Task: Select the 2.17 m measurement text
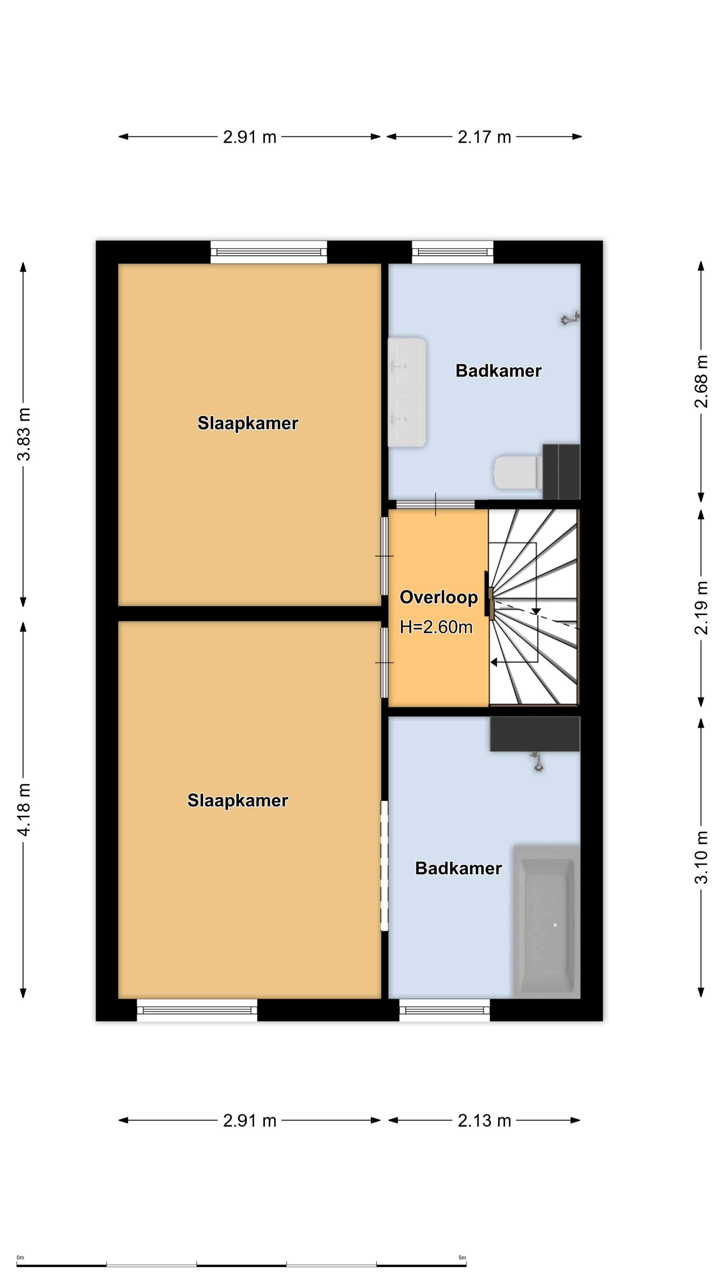pyautogui.click(x=484, y=137)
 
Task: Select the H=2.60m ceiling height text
pyautogui.click(x=436, y=627)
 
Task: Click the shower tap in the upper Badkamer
pyautogui.click(x=569, y=318)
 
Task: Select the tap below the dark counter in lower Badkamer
pyautogui.click(x=538, y=762)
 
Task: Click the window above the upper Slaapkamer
pyautogui.click(x=269, y=252)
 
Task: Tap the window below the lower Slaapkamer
pyautogui.click(x=197, y=1010)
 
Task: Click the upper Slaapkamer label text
pyautogui.click(x=248, y=423)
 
